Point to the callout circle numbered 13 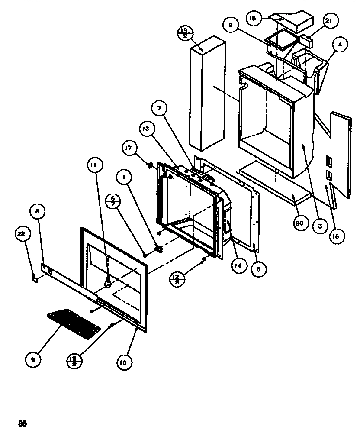tap(146, 129)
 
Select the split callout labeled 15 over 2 tap(75, 360)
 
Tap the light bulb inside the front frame tap(106, 283)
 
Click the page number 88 tap(22, 423)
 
